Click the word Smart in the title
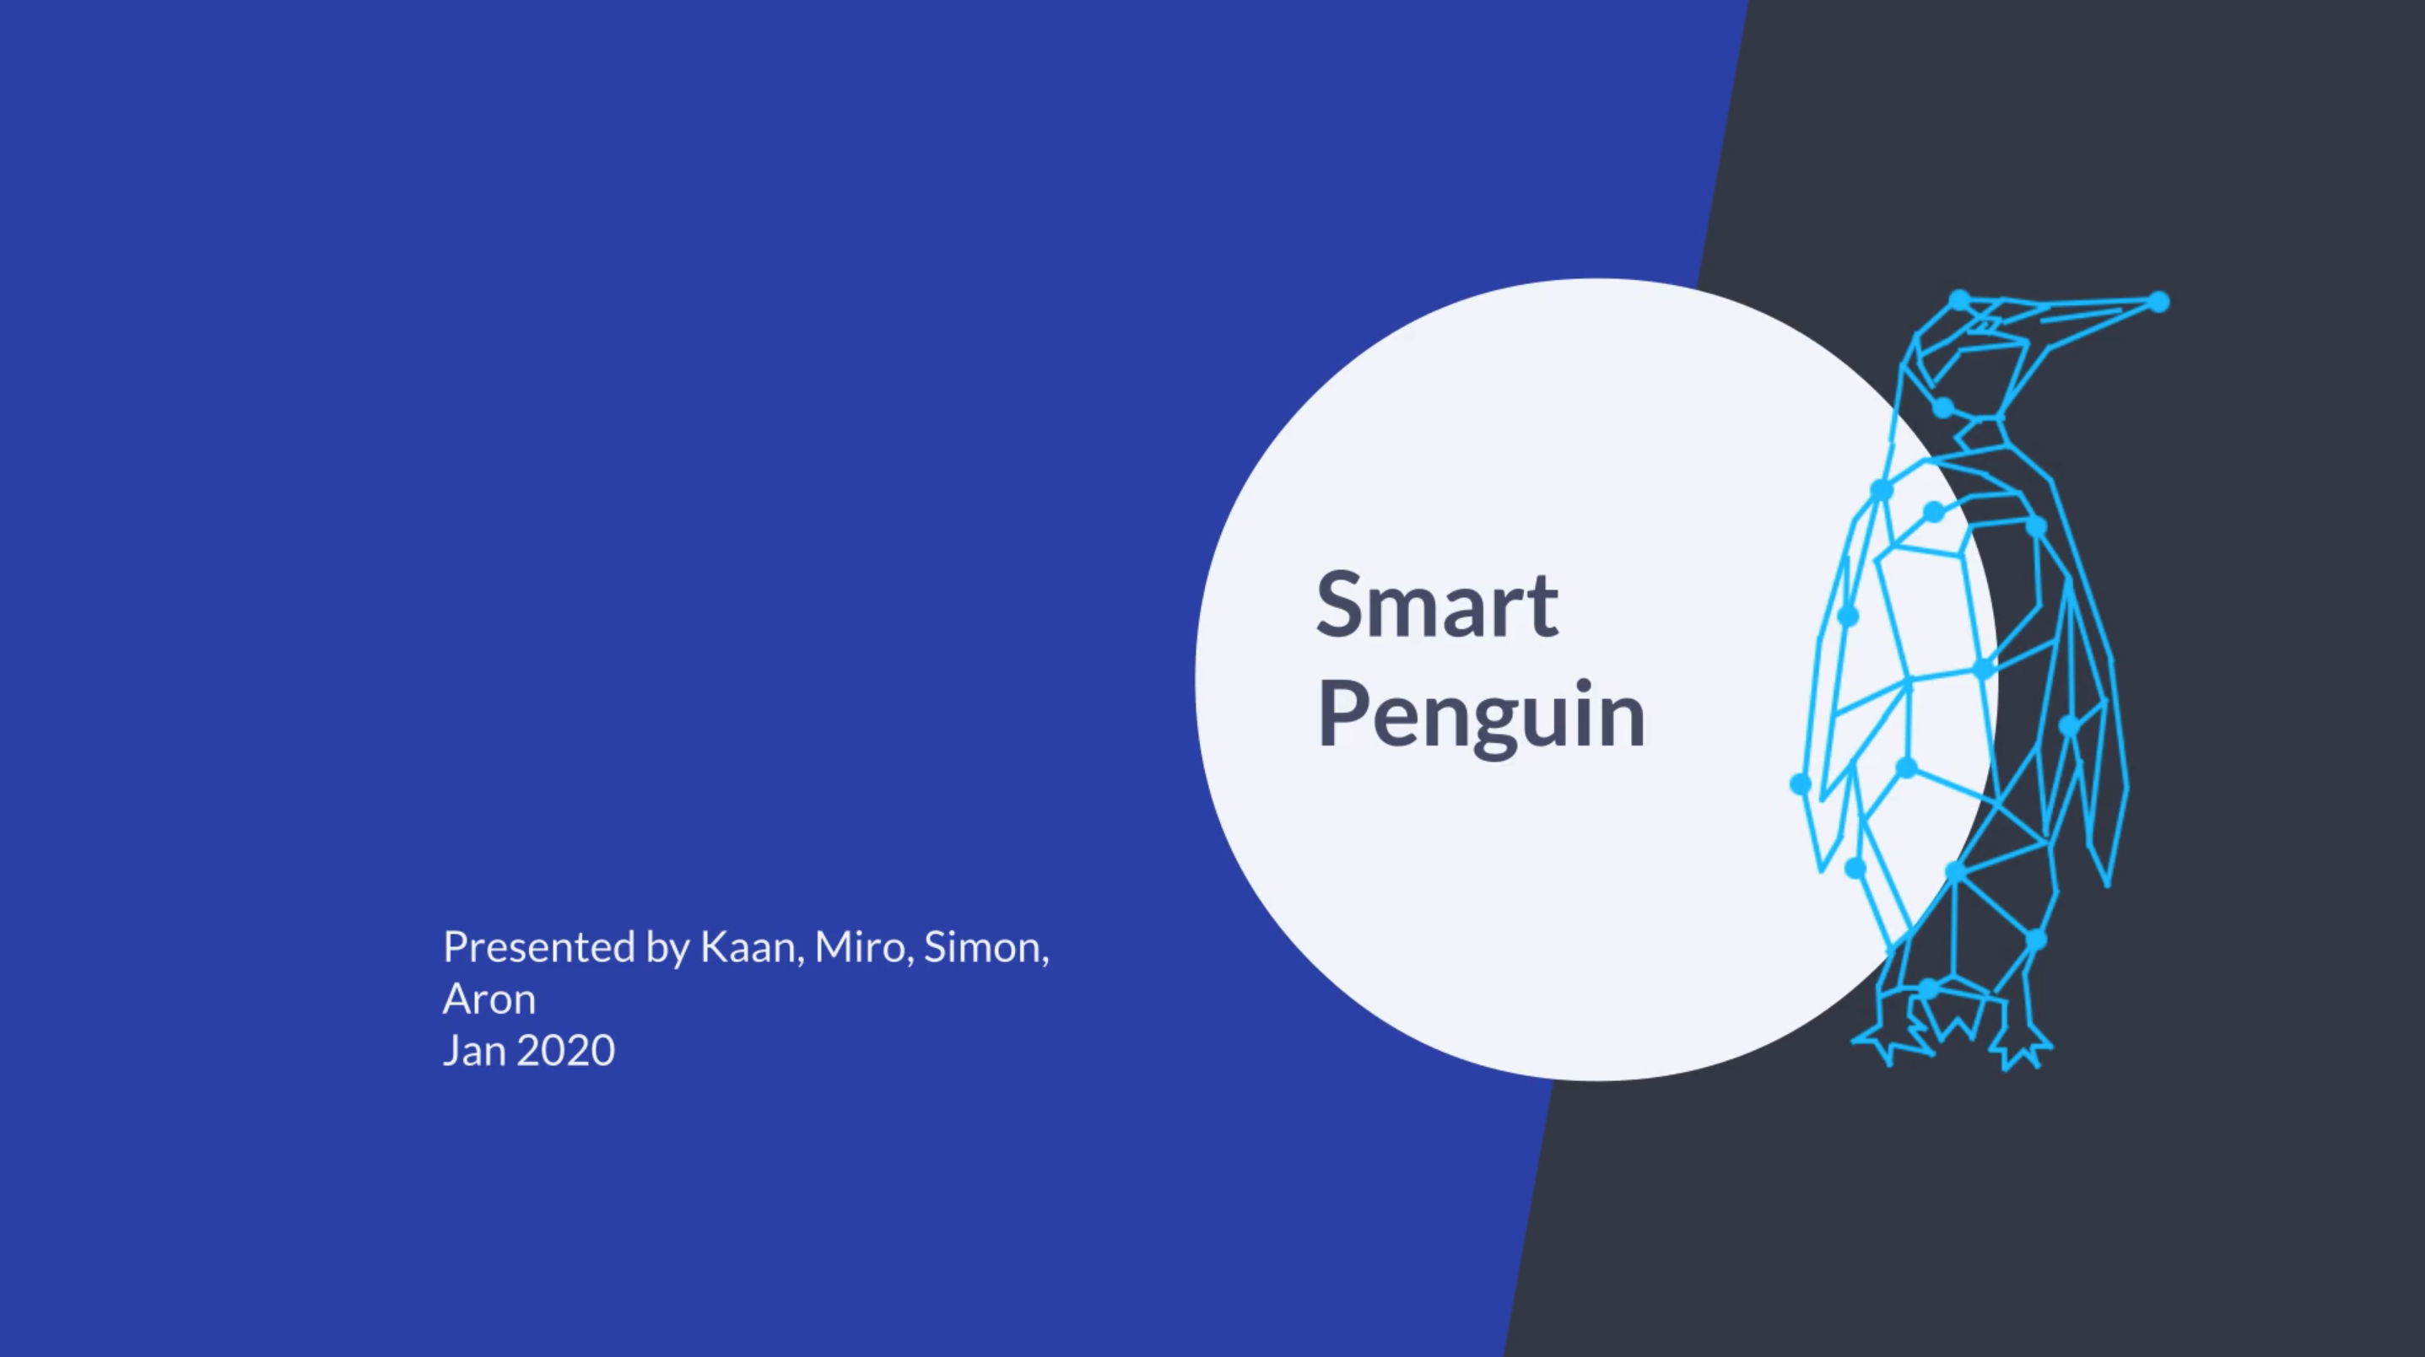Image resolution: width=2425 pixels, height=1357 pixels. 1437,604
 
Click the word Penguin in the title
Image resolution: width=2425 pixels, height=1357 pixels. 1481,715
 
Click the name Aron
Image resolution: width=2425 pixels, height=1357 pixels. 489,999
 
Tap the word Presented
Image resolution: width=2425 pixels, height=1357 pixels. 539,947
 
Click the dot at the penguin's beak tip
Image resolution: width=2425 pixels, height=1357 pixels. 2159,302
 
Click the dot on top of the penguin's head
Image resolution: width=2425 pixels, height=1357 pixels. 1959,300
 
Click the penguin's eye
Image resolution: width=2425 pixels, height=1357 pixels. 1985,325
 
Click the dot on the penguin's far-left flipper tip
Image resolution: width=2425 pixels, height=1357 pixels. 1800,784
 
